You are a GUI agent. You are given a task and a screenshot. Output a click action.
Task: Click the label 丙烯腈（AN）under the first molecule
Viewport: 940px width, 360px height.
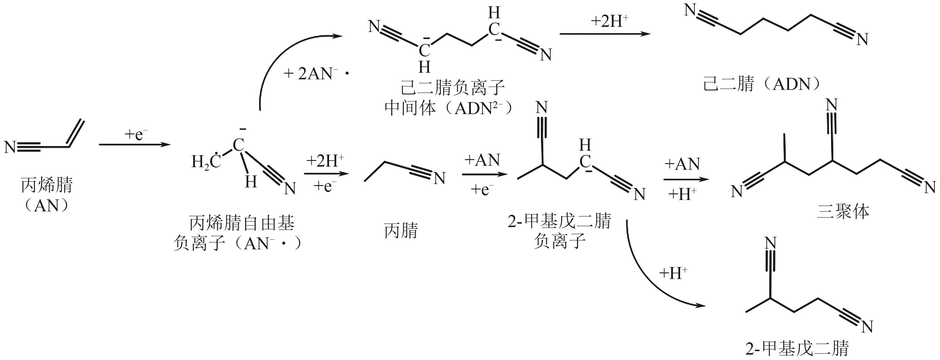(47, 195)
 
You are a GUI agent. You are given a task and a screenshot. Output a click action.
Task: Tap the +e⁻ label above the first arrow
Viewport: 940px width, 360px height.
(136, 135)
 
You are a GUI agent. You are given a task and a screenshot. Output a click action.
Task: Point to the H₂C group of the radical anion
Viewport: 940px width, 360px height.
(206, 161)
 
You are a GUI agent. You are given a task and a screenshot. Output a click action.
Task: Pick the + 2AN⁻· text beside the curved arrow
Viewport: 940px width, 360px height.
(316, 74)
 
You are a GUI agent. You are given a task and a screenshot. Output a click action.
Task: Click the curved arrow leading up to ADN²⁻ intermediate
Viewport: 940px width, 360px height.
(277, 58)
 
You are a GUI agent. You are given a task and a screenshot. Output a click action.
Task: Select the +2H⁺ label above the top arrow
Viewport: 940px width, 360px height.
(609, 21)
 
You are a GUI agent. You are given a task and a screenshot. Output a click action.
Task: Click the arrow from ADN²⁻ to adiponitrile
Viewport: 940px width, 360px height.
(605, 34)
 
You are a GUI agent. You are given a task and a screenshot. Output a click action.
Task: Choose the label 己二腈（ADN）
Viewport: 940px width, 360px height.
(761, 84)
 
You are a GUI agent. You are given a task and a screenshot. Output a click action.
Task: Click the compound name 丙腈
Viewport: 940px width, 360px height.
(401, 230)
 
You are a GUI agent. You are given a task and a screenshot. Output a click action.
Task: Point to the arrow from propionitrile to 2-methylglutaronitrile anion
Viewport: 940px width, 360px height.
(484, 174)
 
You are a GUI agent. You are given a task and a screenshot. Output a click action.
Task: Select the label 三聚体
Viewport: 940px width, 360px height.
(843, 212)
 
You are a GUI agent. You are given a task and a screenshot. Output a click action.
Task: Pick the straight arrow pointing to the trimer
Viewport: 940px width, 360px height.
(686, 179)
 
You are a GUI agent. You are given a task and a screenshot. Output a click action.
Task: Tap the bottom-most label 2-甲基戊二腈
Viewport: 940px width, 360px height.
(797, 348)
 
